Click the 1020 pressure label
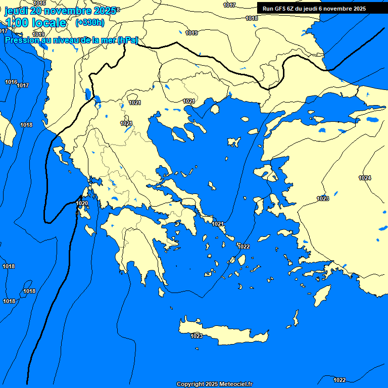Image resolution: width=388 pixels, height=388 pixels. tap(82, 203)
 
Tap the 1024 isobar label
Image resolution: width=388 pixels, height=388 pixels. tap(365, 178)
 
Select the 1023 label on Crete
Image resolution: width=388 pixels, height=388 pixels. tap(197, 336)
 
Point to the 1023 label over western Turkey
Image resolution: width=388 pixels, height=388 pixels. tap(323, 199)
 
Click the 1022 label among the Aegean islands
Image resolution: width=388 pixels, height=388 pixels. tap(244, 247)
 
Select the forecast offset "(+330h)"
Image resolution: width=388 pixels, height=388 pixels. tap(90, 23)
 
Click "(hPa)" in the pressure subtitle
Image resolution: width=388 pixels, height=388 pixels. tap(128, 40)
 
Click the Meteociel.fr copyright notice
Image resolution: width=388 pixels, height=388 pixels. tap(214, 384)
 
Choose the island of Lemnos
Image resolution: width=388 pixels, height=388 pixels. tap(234, 142)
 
